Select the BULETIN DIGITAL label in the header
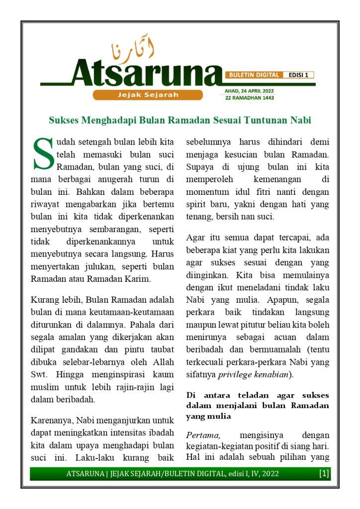[x=254, y=75]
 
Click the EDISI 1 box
[x=299, y=75]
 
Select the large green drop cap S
[x=42, y=153]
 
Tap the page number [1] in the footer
[x=324, y=474]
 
